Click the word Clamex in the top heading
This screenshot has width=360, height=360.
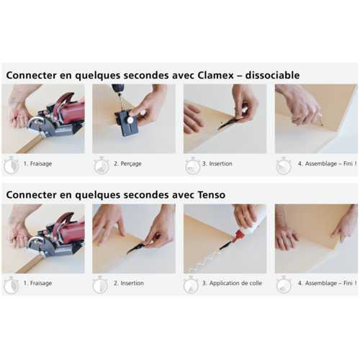click(216, 76)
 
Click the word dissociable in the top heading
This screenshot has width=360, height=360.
click(272, 76)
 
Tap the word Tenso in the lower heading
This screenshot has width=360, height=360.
click(212, 194)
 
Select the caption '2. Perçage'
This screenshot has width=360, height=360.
click(127, 163)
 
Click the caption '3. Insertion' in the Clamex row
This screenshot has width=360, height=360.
click(217, 163)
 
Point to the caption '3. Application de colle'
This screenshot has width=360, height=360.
click(232, 283)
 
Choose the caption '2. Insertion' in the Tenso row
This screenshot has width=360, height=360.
click(129, 283)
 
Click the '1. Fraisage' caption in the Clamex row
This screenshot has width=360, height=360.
click(37, 163)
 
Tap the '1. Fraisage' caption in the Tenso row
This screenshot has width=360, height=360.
click(37, 283)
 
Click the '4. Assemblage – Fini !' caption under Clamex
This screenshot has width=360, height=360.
click(327, 163)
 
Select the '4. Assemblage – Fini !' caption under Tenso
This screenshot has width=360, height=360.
click(327, 283)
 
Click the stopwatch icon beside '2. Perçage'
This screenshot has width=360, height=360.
click(102, 166)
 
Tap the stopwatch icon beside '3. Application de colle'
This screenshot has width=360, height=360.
click(191, 285)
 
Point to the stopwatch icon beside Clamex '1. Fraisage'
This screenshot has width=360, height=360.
click(12, 166)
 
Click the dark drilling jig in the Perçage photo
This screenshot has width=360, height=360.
click(127, 122)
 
